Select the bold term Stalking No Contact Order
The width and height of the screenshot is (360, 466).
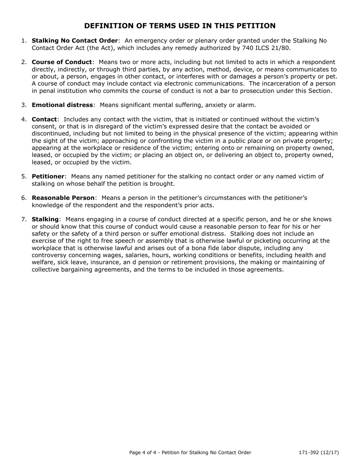pyautogui.click(x=75, y=41)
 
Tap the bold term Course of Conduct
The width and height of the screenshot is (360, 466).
pyautogui.click(x=62, y=62)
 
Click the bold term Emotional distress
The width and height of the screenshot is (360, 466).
pyautogui.click(x=62, y=105)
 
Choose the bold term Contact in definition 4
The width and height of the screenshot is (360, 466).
pyautogui.click(x=44, y=119)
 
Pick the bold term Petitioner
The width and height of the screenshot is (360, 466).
pyautogui.click(x=48, y=177)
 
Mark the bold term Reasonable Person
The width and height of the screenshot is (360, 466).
pyautogui.click(x=63, y=198)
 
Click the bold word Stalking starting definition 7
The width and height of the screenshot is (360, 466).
pyautogui.click(x=45, y=219)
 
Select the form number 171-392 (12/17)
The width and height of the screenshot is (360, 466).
pyautogui.click(x=318, y=452)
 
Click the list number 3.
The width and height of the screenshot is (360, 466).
pyautogui.click(x=24, y=105)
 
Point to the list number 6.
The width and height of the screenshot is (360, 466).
pyautogui.click(x=24, y=198)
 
